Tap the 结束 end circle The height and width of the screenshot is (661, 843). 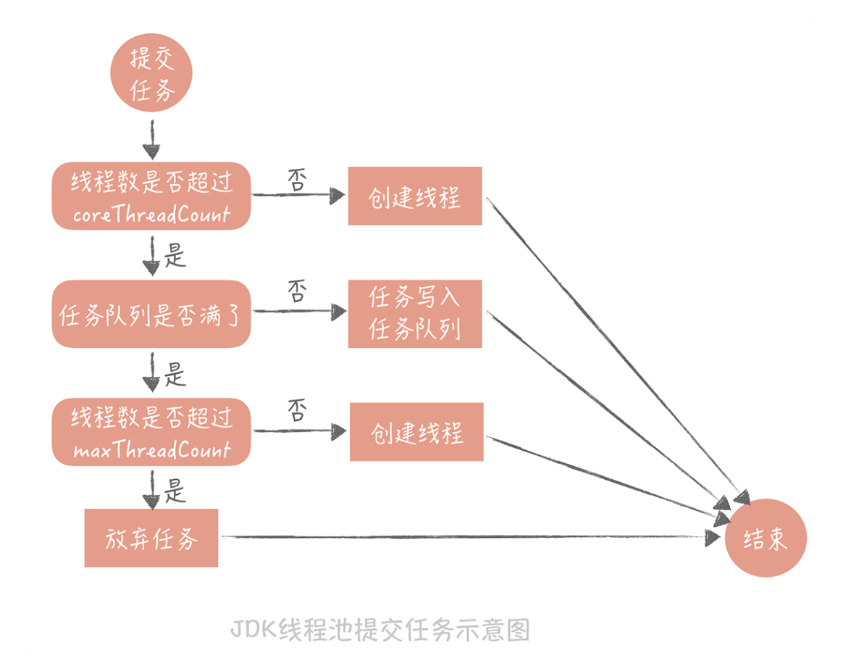coord(766,538)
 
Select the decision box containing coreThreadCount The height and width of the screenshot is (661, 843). coord(151,196)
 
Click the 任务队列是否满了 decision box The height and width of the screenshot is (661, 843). coord(151,314)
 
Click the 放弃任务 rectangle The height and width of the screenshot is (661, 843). coord(151,538)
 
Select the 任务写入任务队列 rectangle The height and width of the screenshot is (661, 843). coord(415,313)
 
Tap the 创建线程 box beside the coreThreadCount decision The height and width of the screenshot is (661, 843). coord(415,196)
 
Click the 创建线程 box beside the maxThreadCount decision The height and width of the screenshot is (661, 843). coord(416,432)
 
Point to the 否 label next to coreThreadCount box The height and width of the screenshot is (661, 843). coord(297,179)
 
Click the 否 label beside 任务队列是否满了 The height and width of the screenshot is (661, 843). coord(297,293)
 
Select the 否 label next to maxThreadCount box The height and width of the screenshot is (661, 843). coord(297,412)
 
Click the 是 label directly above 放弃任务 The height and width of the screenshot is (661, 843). coord(176,493)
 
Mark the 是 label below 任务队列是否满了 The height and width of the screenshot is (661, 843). coord(176,375)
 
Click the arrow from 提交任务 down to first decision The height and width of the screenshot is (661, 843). coord(151,141)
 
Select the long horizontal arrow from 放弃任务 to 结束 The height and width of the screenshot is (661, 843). coord(464,537)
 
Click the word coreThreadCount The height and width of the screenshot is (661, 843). coord(151,215)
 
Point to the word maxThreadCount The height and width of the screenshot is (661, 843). coord(151,450)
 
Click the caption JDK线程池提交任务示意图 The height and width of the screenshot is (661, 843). coord(380,629)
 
